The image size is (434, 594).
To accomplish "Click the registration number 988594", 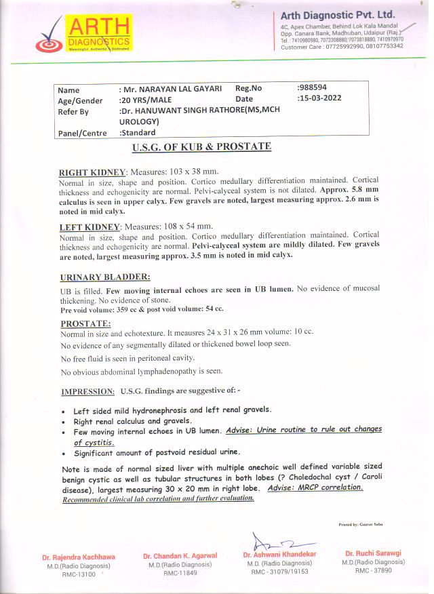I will click(x=312, y=88).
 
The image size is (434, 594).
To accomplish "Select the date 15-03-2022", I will click(x=319, y=98).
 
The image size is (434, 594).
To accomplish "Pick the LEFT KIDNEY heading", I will click(x=90, y=226).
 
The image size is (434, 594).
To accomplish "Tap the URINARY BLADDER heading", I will click(x=105, y=277).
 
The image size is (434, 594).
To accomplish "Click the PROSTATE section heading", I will click(x=85, y=323).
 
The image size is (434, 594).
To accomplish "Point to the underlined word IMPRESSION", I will click(x=87, y=392).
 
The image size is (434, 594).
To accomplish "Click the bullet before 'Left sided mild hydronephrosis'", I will click(x=63, y=412).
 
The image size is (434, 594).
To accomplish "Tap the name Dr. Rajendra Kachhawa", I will click(x=79, y=557).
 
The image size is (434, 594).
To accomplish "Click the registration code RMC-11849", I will click(x=180, y=573).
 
